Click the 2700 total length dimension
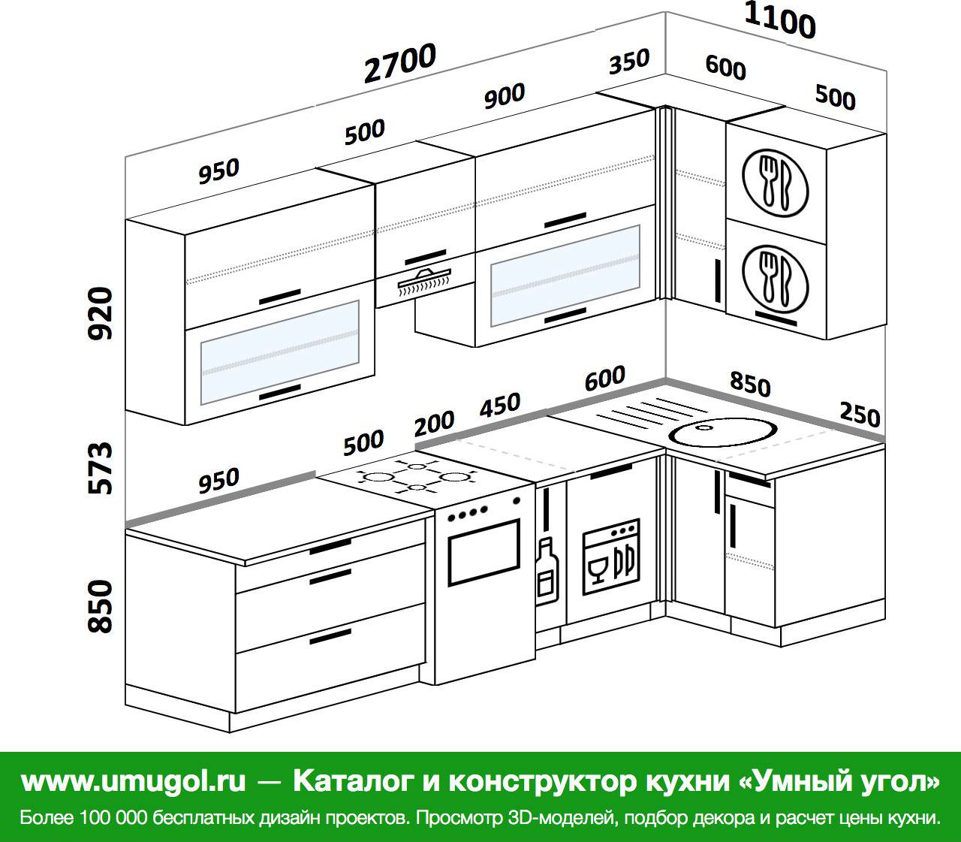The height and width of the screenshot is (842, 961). pyautogui.click(x=400, y=63)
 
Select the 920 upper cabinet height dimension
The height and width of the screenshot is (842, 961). pyautogui.click(x=101, y=313)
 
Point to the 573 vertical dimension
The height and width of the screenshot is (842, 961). pyautogui.click(x=101, y=468)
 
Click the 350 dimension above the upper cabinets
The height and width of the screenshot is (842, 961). pyautogui.click(x=629, y=62)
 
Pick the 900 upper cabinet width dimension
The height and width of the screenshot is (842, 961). pyautogui.click(x=505, y=96)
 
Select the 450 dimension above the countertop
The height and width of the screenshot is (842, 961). pyautogui.click(x=500, y=405)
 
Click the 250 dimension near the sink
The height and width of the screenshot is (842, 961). pyautogui.click(x=860, y=415)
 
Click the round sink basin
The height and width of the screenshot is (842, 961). pyautogui.click(x=722, y=432)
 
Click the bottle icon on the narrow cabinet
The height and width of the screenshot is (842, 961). pyautogui.click(x=547, y=571)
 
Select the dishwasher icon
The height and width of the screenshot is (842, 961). pyautogui.click(x=611, y=557)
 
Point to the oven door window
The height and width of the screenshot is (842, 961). pyautogui.click(x=484, y=552)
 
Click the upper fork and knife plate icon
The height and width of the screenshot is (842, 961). pyautogui.click(x=775, y=183)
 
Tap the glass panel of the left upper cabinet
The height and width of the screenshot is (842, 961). pyautogui.click(x=280, y=352)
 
